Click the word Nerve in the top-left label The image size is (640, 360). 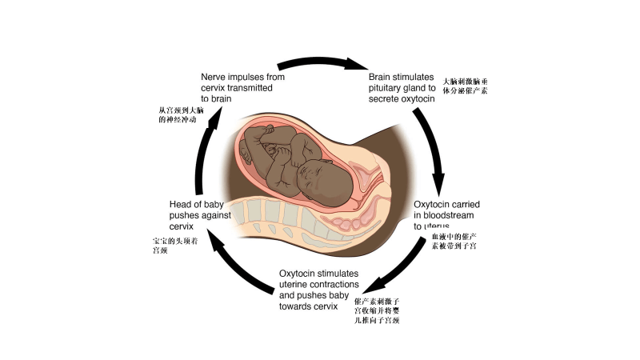click(214, 77)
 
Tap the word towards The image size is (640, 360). click(297, 306)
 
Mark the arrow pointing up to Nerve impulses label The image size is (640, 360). click(206, 144)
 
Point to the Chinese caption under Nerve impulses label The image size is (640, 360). click(183, 114)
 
